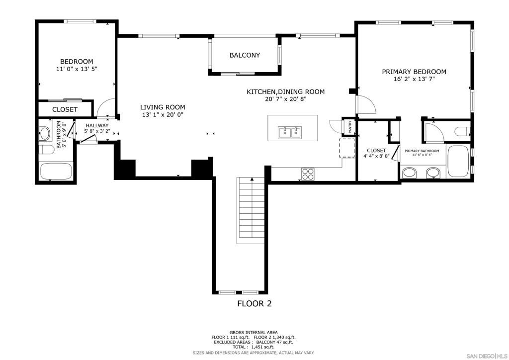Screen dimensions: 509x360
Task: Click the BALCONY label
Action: click(245, 55)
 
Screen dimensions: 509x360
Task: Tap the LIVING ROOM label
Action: click(163, 107)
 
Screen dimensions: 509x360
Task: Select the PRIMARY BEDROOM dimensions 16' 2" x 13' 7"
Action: click(414, 79)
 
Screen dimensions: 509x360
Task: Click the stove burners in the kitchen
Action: click(308, 174)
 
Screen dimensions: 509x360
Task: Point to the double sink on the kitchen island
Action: click(290, 132)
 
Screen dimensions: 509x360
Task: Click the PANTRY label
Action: click(350, 127)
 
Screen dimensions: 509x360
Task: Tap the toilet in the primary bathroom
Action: click(462, 131)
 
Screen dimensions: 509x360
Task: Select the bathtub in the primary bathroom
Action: click(458, 161)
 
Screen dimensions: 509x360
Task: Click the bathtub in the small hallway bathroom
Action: click(56, 172)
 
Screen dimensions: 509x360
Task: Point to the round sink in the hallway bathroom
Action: click(44, 133)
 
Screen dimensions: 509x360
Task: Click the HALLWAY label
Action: click(97, 126)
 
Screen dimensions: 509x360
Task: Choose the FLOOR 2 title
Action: click(254, 303)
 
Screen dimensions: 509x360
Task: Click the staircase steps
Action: click(251, 210)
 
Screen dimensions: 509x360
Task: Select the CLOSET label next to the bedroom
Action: click(65, 110)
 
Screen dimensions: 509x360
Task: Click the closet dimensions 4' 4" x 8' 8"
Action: click(376, 156)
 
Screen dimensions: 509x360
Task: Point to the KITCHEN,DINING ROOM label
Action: click(286, 92)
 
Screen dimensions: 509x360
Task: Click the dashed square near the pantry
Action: click(347, 148)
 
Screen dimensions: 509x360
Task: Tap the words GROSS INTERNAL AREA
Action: click(254, 333)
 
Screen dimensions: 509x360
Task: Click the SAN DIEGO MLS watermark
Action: click(487, 355)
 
